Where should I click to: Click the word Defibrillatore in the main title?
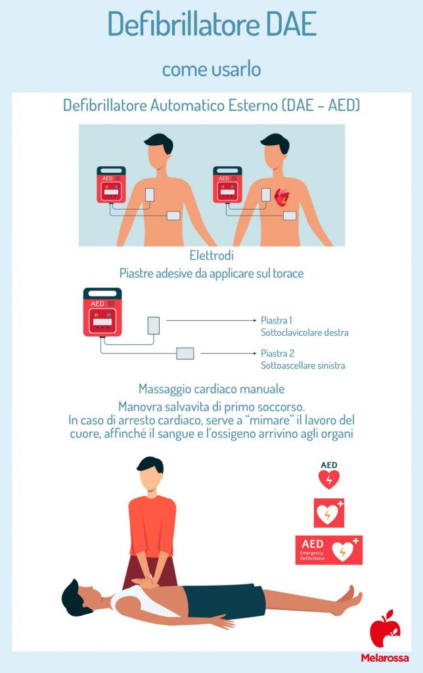(x=174, y=25)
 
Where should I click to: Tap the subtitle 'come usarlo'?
(x=211, y=68)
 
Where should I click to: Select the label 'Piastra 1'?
(x=277, y=320)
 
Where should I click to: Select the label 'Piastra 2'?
(x=277, y=354)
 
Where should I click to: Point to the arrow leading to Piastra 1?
(x=210, y=320)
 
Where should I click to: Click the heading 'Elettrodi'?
(x=211, y=256)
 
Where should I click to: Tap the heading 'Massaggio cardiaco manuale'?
(x=211, y=389)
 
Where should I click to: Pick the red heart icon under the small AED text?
(x=328, y=480)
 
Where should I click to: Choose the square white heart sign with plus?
(x=329, y=513)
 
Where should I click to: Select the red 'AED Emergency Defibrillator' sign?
(x=329, y=550)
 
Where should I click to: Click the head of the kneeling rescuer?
(x=150, y=473)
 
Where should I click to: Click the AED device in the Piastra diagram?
(x=102, y=312)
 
